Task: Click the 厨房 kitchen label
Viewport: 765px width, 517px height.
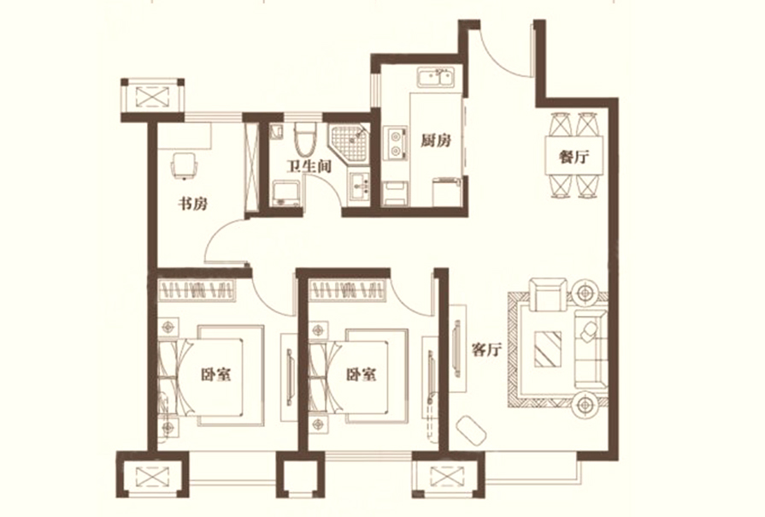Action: tap(436, 140)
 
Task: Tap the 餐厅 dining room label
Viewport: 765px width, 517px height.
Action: tap(574, 157)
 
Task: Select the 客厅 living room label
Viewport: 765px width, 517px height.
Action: tap(487, 349)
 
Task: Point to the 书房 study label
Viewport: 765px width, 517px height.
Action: tap(192, 203)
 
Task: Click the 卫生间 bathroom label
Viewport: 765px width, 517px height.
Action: tap(309, 167)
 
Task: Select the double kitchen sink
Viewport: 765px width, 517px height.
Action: tap(436, 78)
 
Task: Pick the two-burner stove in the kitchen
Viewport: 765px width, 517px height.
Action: tap(396, 143)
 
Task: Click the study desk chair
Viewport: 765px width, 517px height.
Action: tap(184, 164)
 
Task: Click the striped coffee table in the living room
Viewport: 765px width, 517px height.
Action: tap(548, 349)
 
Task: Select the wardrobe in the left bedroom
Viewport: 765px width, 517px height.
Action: tap(198, 290)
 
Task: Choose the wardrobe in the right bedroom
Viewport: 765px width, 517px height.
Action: tap(348, 290)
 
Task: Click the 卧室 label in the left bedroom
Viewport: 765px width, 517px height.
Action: tap(215, 374)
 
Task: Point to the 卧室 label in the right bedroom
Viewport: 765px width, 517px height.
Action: tap(361, 374)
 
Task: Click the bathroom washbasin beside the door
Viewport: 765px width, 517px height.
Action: tap(360, 187)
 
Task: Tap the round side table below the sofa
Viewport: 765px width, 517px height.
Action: tap(585, 405)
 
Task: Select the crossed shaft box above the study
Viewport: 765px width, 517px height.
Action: tap(152, 96)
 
